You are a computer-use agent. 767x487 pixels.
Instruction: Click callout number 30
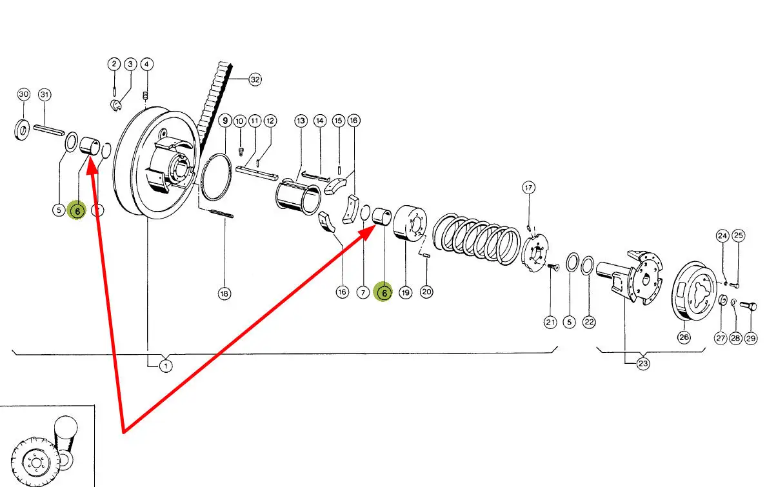point(23,94)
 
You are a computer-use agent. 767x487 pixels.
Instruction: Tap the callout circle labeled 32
point(255,80)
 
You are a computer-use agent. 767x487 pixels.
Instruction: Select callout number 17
point(529,188)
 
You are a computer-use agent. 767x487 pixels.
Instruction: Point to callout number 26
point(684,337)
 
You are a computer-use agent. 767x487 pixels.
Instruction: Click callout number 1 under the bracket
point(166,366)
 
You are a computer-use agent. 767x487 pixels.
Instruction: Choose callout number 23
point(642,364)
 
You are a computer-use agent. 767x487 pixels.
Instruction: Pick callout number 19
point(405,293)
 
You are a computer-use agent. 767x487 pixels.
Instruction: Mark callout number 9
point(225,121)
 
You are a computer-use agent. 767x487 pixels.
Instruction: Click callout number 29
point(751,337)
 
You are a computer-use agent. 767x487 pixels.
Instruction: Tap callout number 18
point(224,293)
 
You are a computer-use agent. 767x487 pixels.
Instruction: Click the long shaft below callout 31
point(48,129)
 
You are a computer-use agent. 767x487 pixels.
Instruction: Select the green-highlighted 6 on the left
point(77,210)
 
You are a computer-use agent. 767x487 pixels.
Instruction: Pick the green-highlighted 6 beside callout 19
point(384,293)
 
